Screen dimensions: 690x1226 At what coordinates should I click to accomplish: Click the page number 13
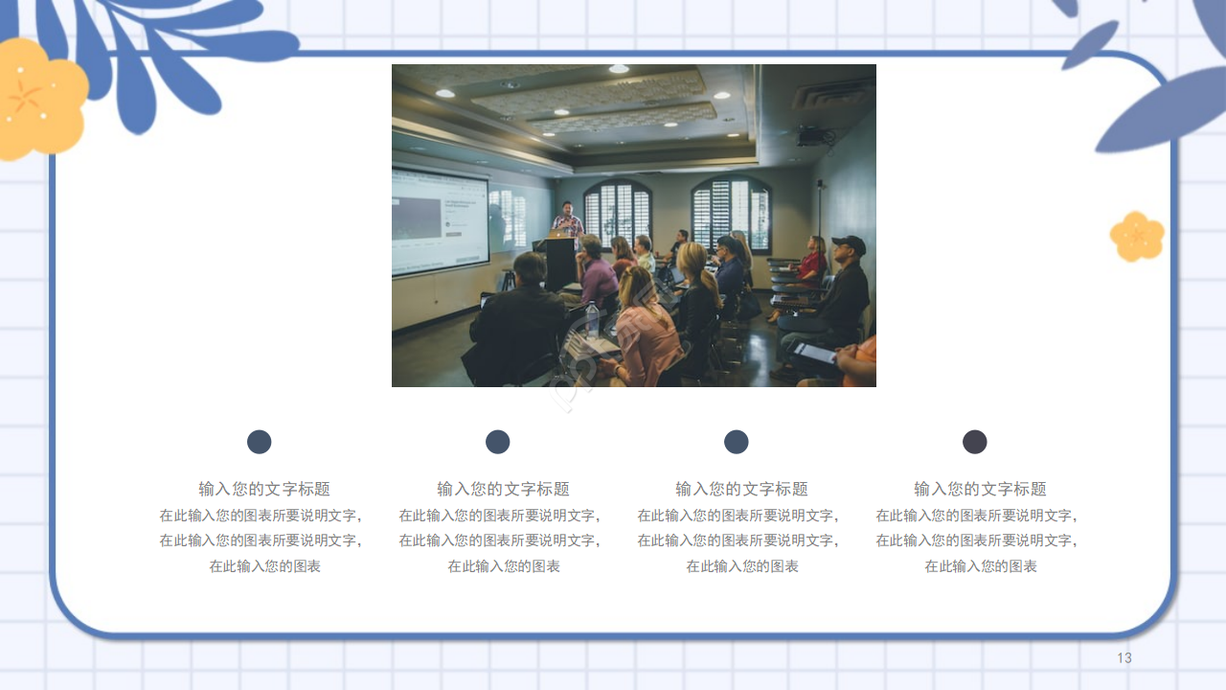[1124, 657]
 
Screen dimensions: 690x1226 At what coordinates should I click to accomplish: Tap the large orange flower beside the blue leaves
[38, 98]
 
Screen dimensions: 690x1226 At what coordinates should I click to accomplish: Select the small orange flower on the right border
[1137, 236]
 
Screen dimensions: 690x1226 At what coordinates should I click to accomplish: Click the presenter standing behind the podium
[567, 220]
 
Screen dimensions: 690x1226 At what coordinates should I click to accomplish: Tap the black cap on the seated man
[849, 243]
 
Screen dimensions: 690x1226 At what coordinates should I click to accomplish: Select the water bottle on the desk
[592, 319]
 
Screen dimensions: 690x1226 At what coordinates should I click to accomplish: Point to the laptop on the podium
[557, 233]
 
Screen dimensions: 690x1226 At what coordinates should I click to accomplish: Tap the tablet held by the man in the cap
[814, 353]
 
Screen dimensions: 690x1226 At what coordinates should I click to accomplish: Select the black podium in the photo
[560, 263]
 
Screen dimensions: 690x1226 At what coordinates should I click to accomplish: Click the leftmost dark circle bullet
[260, 442]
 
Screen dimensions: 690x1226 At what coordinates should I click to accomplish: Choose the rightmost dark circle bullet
[975, 442]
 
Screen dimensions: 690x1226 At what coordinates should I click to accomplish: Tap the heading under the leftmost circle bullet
[264, 489]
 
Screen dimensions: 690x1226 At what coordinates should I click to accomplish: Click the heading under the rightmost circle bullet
[980, 489]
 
